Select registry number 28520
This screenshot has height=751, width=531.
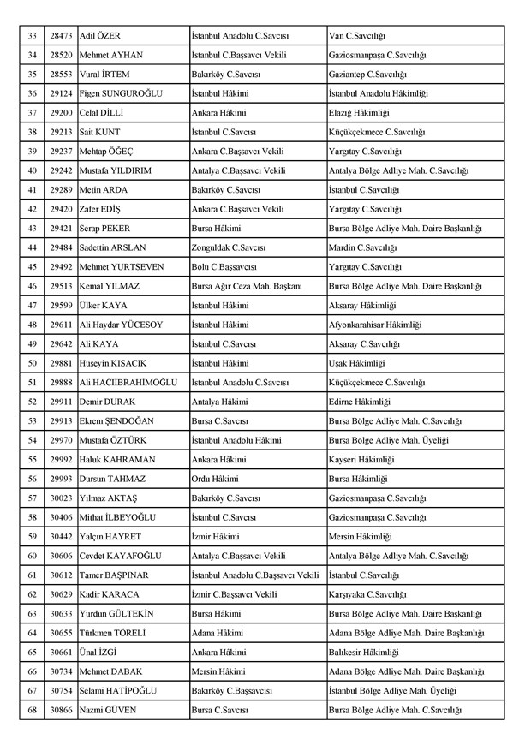click(59, 54)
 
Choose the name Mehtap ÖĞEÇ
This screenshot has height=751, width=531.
click(106, 151)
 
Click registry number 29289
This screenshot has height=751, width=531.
click(59, 189)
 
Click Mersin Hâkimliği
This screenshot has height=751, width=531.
click(361, 536)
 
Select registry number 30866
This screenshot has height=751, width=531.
click(59, 710)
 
